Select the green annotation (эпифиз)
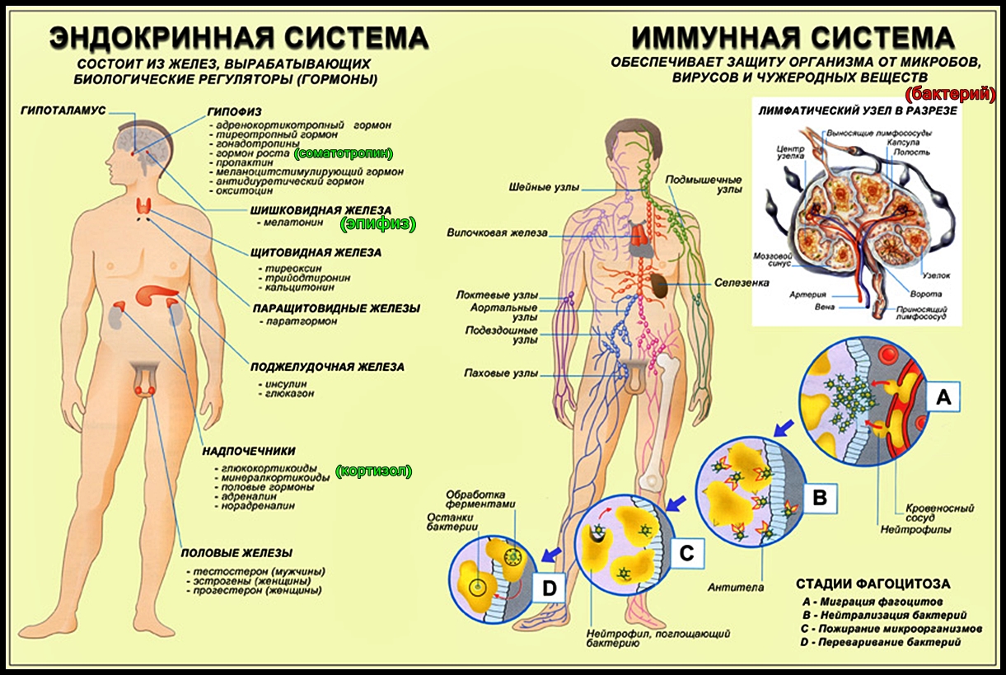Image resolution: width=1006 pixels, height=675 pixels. coord(377,223)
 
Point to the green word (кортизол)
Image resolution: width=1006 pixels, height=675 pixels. coord(373,471)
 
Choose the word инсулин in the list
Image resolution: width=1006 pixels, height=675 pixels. coord(283,383)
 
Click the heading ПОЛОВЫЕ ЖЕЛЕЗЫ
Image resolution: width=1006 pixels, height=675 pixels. coord(237,552)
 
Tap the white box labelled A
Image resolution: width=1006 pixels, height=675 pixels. coord(943,399)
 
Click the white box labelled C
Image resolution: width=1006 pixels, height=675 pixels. coord(685,554)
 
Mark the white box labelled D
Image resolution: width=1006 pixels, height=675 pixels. coord(550,587)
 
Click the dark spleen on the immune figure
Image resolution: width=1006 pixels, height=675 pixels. coord(659,285)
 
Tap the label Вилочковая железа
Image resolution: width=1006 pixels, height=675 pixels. coord(496,233)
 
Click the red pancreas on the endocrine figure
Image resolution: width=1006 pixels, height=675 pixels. coord(154,295)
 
